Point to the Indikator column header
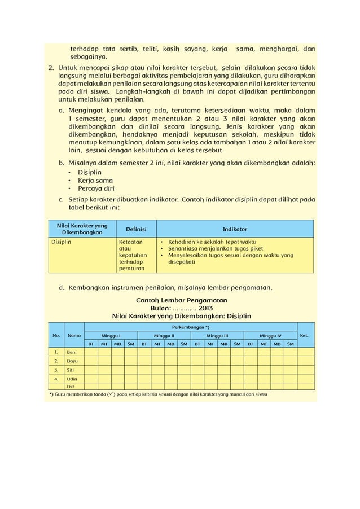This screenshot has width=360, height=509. [235, 229]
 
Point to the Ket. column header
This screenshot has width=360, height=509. [305, 335]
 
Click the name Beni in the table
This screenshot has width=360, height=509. [72, 352]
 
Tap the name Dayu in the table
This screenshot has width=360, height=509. [72, 361]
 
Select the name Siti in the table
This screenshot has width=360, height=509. [71, 370]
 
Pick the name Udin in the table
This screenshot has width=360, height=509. [72, 379]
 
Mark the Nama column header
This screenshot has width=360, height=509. [73, 335]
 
